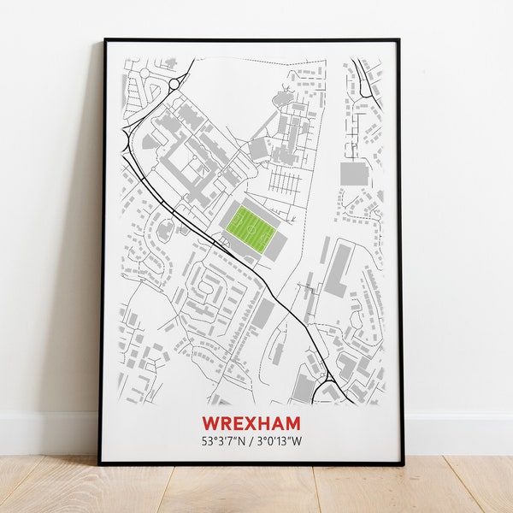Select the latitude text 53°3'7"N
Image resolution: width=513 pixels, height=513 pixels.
224,442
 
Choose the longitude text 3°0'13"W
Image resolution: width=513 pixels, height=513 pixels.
279,442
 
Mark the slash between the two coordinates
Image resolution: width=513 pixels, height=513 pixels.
251,442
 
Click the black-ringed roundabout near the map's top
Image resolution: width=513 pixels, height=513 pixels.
175,84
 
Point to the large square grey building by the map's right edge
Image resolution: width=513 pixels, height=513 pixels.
353,174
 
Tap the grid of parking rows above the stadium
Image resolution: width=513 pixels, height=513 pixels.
285,181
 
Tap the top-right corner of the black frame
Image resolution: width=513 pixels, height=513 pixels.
398,40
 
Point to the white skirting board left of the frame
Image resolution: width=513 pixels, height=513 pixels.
47,432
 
